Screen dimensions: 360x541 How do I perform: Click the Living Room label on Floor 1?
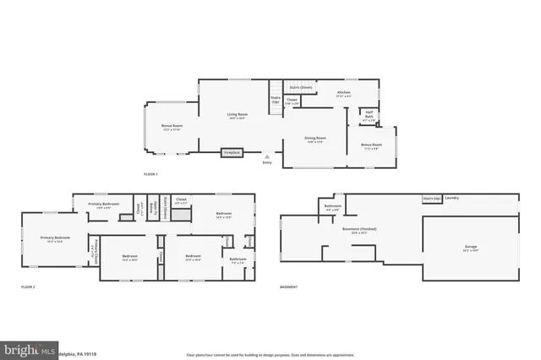click(237, 115)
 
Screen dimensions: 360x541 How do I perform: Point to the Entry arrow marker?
click(267, 158)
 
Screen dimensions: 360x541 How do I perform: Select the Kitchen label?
click(344, 93)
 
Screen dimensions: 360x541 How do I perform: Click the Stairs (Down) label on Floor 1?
click(301, 86)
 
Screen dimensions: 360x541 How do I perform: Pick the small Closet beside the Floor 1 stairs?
click(292, 101)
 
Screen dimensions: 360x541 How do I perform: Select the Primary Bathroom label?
click(105, 205)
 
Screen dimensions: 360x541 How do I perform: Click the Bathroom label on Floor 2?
click(238, 259)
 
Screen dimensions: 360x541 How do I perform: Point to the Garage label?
click(470, 248)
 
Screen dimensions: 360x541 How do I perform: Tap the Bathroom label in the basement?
click(332, 207)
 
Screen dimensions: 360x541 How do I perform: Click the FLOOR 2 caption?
click(29, 287)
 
